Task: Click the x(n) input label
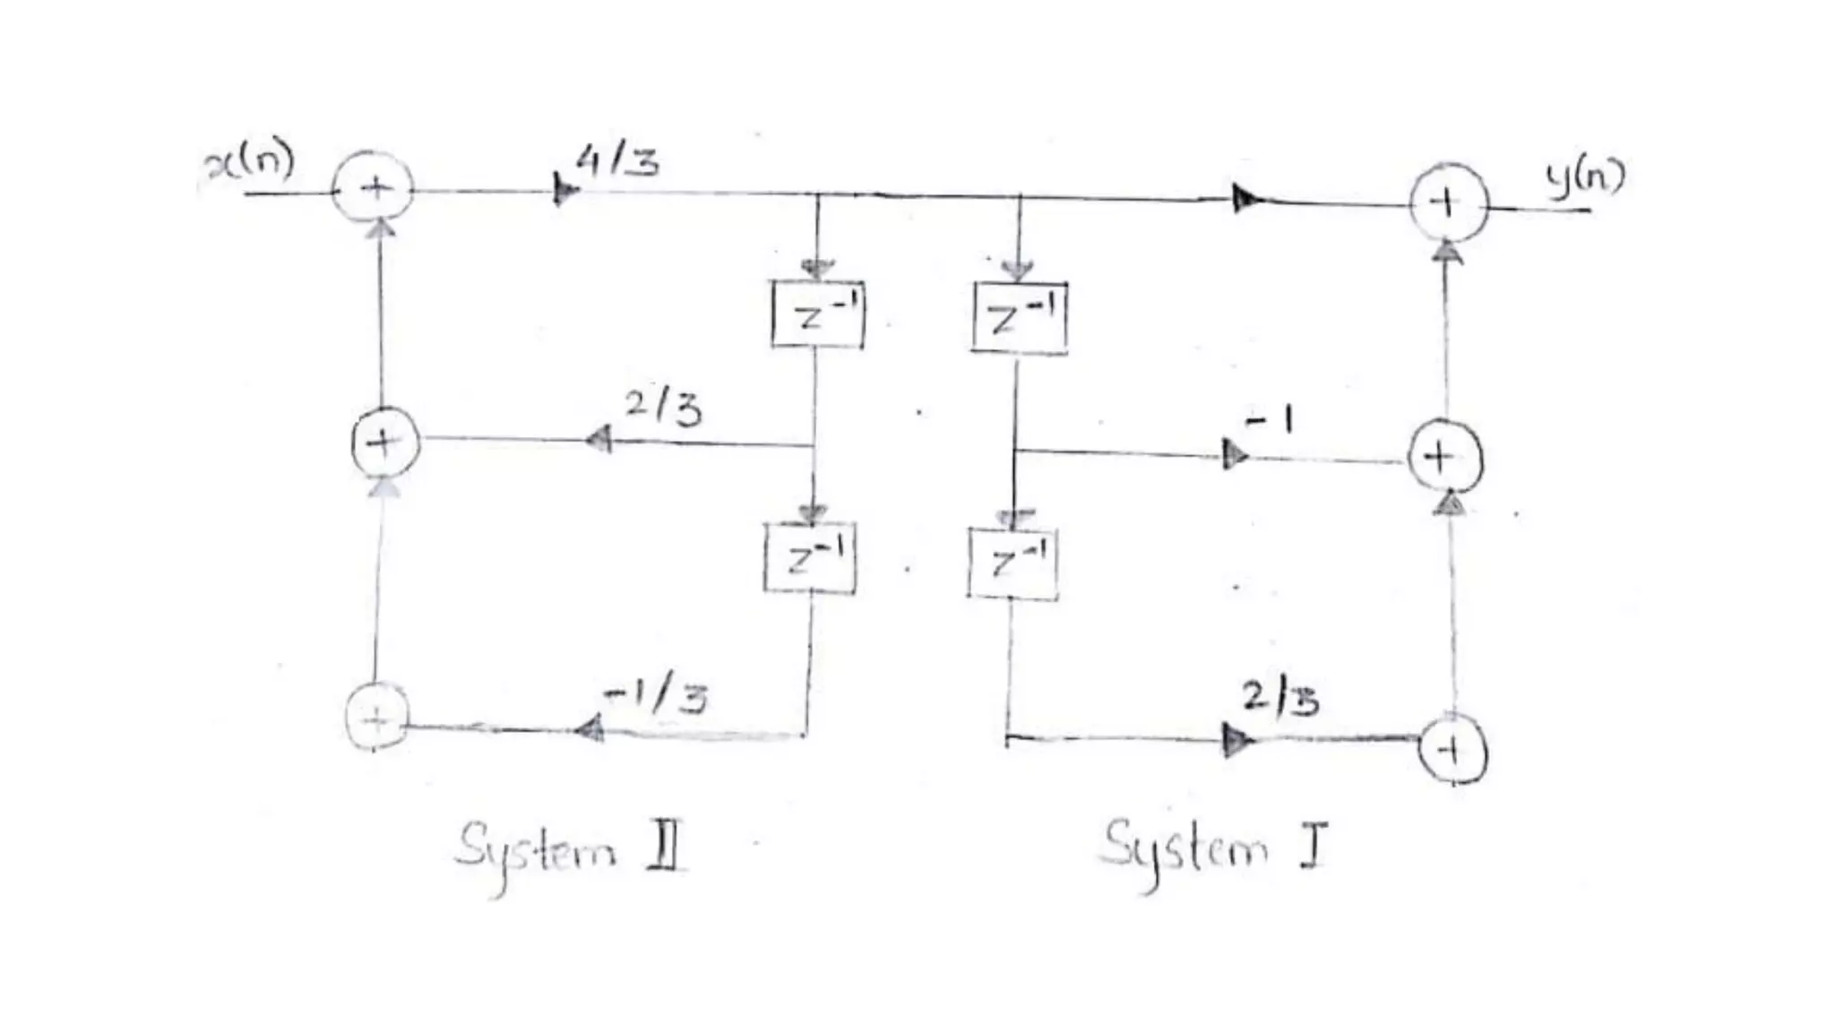[250, 164]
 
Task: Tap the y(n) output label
[1584, 177]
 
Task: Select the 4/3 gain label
[618, 162]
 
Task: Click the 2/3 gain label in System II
[663, 408]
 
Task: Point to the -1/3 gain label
[656, 696]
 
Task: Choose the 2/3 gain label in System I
[1279, 698]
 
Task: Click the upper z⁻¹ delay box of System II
[817, 314]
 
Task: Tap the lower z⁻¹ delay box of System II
[811, 560]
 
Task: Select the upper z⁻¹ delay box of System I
[1020, 318]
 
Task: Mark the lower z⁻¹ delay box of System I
[1013, 563]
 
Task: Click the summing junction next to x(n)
[374, 189]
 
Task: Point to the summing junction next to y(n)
[1448, 203]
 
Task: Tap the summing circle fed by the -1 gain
[1444, 458]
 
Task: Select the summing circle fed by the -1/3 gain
[377, 717]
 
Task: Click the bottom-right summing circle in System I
[1452, 750]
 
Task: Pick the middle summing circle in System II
[385, 442]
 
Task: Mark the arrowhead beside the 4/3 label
[564, 190]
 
